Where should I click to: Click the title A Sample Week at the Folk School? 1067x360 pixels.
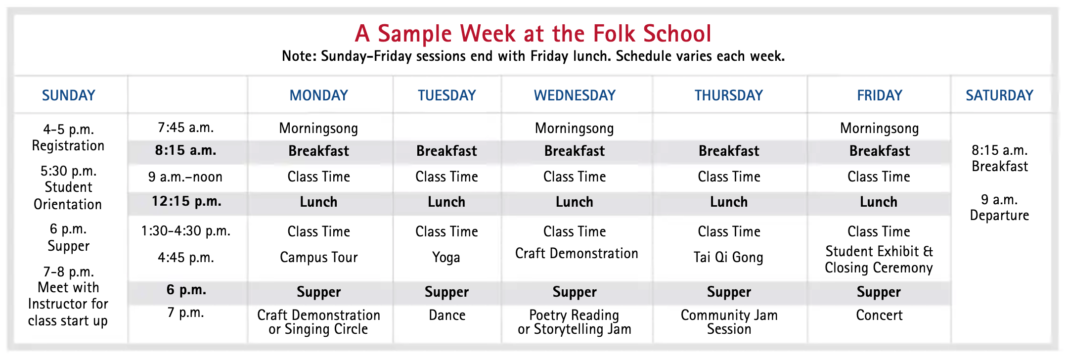533,34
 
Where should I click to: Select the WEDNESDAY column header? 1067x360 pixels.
575,95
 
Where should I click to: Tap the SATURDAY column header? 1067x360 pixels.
999,95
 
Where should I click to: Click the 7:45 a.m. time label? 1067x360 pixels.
186,128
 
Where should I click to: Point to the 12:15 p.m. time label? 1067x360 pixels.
186,201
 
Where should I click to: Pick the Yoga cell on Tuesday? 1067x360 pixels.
446,257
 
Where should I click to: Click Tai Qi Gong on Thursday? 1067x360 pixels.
728,257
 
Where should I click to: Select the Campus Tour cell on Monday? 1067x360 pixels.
318,257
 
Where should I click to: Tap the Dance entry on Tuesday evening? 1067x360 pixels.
447,315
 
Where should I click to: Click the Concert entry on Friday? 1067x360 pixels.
879,315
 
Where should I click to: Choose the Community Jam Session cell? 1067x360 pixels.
729,322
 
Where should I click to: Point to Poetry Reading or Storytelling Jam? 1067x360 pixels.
575,322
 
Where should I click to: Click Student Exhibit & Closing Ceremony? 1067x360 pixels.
879,260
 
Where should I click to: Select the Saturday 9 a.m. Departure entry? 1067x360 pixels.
999,208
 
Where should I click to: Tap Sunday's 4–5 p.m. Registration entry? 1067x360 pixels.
68,137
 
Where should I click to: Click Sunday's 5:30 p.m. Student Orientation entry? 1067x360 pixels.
68,187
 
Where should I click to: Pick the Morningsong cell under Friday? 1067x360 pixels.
879,129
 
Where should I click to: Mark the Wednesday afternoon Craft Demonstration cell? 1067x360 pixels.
577,253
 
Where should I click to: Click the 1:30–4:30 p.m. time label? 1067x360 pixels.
186,231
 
